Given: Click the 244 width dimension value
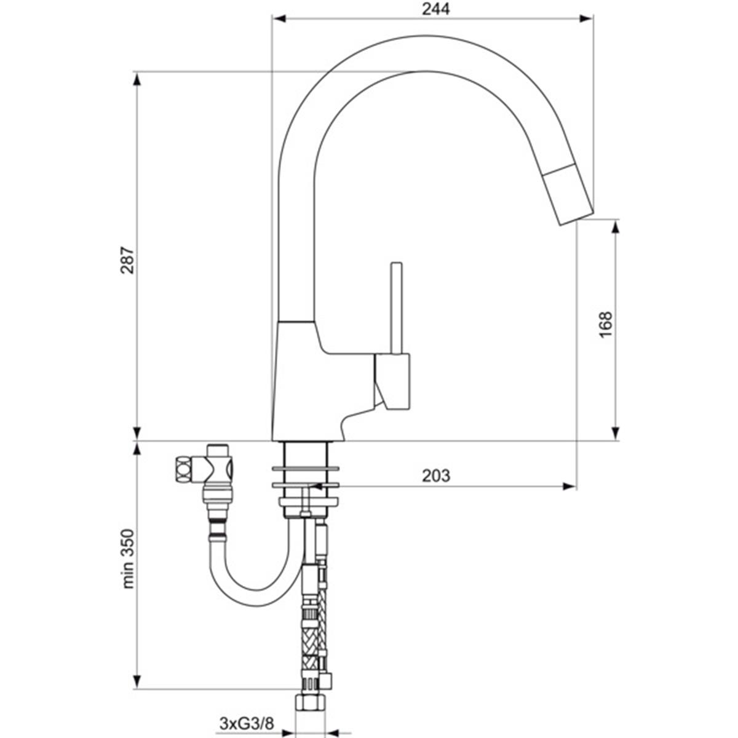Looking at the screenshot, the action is (435, 9).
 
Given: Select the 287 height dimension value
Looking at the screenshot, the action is (127, 261).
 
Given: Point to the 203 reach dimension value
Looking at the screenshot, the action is (436, 476).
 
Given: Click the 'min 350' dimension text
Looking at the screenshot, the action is (127, 559).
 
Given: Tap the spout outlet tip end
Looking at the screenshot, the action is (577, 218).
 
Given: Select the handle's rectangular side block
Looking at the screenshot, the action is (392, 381).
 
